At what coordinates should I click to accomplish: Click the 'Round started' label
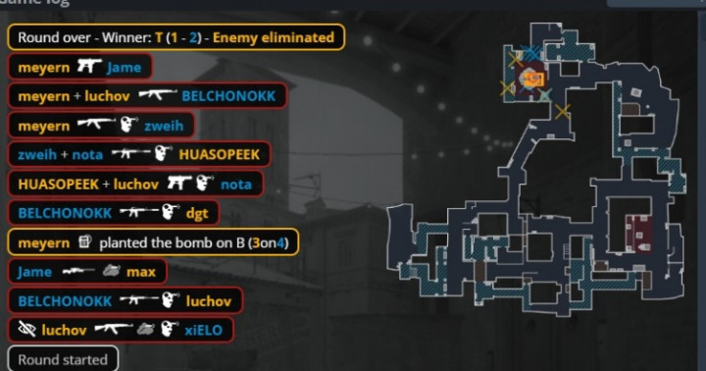(63, 360)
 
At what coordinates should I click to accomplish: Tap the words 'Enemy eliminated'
(274, 37)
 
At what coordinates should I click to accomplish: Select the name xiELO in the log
(204, 330)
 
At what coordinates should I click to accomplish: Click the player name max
(141, 272)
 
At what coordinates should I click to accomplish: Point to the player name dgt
(197, 213)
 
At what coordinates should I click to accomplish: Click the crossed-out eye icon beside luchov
(26, 330)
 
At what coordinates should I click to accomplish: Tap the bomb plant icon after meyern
(84, 242)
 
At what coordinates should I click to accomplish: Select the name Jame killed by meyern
(124, 68)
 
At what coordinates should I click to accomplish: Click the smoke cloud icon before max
(111, 271)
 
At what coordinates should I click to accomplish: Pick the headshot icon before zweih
(129, 125)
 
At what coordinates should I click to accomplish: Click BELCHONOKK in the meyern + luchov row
(228, 96)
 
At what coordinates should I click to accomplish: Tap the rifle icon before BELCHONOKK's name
(158, 94)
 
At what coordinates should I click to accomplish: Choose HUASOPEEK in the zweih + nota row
(220, 155)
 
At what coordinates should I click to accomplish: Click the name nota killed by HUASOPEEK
(236, 185)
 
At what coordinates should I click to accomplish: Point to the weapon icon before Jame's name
(89, 67)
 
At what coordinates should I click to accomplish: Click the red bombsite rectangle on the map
(638, 234)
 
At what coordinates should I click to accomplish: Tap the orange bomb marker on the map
(534, 79)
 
